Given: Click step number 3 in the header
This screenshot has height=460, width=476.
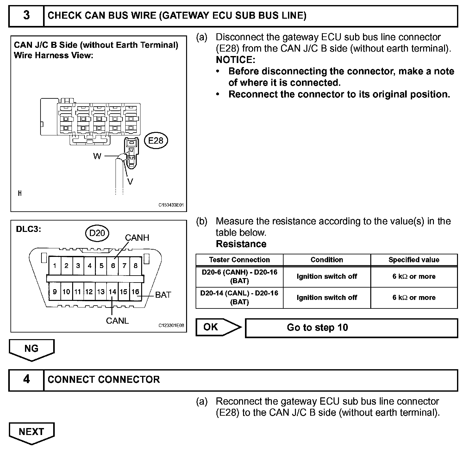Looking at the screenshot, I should (x=27, y=16).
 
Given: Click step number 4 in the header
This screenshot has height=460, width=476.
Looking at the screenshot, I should (x=27, y=379).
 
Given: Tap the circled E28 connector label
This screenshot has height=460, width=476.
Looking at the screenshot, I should (x=156, y=140).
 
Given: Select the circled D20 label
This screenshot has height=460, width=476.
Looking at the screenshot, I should (x=97, y=233).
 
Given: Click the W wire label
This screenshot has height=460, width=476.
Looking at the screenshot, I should (x=97, y=156).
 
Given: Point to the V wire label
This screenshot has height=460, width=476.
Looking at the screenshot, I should (x=130, y=181).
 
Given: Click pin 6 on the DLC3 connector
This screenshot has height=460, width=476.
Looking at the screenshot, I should (x=113, y=265).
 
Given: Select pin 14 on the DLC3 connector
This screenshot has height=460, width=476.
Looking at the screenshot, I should (x=112, y=291).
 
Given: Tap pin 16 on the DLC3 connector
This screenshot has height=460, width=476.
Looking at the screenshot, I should (x=135, y=291).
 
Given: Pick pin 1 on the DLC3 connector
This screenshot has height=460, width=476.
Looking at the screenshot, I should (x=55, y=265).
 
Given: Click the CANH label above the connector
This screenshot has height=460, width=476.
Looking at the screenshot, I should (x=137, y=238).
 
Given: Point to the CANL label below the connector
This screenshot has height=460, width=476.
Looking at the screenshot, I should (x=117, y=321).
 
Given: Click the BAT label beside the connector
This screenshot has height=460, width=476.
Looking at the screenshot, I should (x=163, y=295).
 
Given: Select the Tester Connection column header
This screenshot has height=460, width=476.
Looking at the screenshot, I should (x=239, y=260).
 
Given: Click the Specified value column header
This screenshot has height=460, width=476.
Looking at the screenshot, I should (x=414, y=260).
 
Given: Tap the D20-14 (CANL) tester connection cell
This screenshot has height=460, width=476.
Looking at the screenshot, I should (x=239, y=297).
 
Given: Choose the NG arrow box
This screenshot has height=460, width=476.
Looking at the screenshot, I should (x=32, y=349).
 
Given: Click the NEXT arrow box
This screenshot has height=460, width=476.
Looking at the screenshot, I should (x=32, y=432).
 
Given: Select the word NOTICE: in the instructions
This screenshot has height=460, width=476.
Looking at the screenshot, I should (x=235, y=60).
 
